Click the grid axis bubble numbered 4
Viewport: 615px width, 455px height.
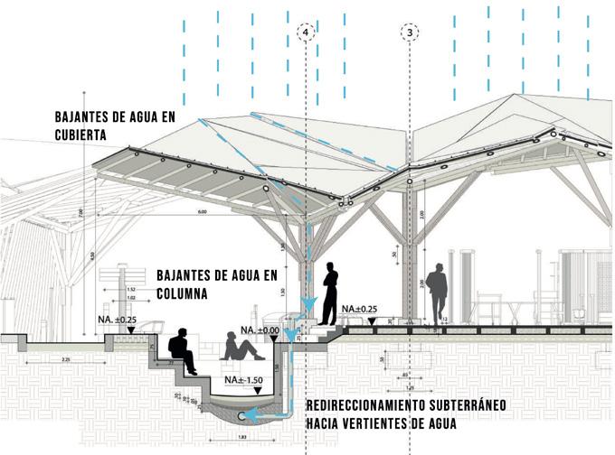pos(307,32)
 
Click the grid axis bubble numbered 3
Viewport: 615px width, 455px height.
pos(412,32)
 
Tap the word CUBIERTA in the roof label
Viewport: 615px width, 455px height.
pos(80,135)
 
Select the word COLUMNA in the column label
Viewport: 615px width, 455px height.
pos(183,294)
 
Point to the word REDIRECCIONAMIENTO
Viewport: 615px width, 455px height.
pos(381,406)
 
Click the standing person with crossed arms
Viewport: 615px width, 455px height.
pos(328,292)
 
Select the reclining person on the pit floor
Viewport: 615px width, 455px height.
pos(240,348)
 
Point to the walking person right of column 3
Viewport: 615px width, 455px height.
pos(439,291)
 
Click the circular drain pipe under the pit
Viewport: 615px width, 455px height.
pos(246,415)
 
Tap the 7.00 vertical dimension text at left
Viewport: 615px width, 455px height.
pos(81,213)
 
